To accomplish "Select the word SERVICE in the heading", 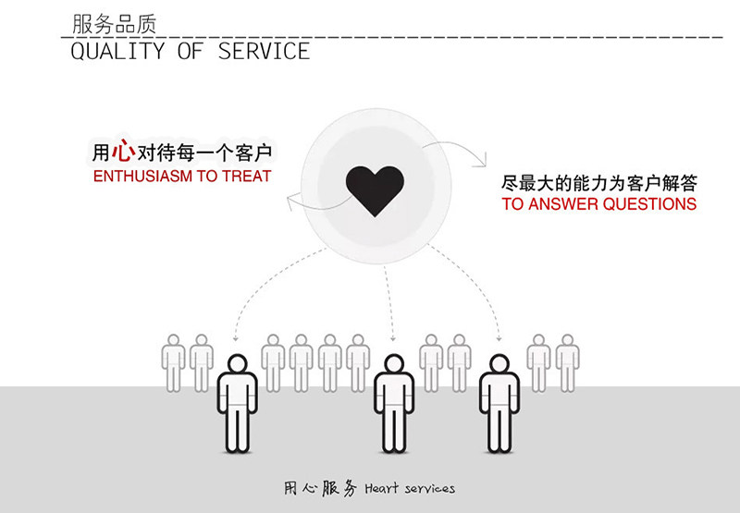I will click(x=264, y=52).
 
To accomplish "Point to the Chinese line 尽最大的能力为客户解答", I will click(x=599, y=182).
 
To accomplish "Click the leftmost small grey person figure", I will click(x=174, y=362).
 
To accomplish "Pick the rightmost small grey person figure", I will click(x=567, y=362).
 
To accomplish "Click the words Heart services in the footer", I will click(x=410, y=488).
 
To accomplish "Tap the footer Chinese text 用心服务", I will click(x=321, y=488).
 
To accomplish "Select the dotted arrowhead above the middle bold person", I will click(x=393, y=338).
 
